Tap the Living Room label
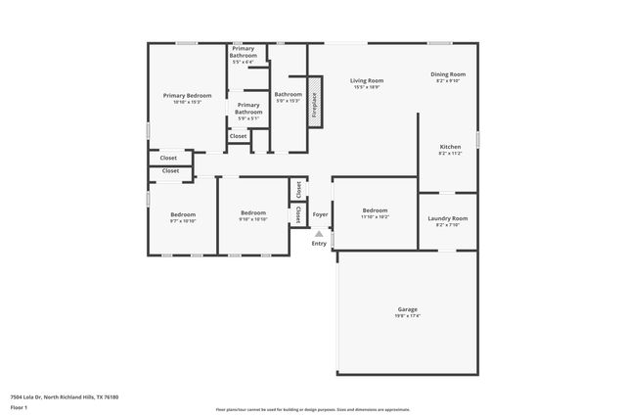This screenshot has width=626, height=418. click(368, 80)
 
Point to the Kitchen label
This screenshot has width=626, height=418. click(450, 147)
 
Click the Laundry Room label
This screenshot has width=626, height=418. click(448, 218)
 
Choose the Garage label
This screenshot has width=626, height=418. click(407, 309)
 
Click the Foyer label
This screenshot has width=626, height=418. click(320, 214)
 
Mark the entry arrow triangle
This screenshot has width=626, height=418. click(319, 233)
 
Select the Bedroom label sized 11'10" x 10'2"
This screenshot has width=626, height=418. click(376, 210)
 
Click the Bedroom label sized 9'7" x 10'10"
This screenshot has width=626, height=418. click(183, 214)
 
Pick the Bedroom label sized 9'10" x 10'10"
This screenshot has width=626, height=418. click(253, 212)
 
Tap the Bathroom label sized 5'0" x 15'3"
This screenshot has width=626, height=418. click(288, 94)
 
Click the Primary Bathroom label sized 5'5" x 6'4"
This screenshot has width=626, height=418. click(244, 53)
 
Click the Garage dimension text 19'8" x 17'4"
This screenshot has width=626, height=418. click(407, 316)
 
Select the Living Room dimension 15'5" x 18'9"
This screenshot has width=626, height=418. click(368, 87)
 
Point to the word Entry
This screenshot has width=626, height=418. click(319, 243)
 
